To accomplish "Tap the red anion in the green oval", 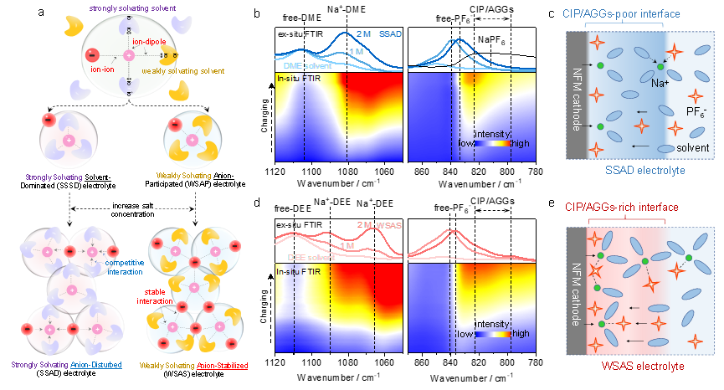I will point(90,55).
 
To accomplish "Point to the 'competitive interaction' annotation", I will point(125,268).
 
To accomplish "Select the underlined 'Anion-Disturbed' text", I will point(95,366).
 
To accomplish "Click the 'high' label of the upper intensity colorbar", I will point(520,143).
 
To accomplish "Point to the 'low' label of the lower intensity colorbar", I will point(466,333).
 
